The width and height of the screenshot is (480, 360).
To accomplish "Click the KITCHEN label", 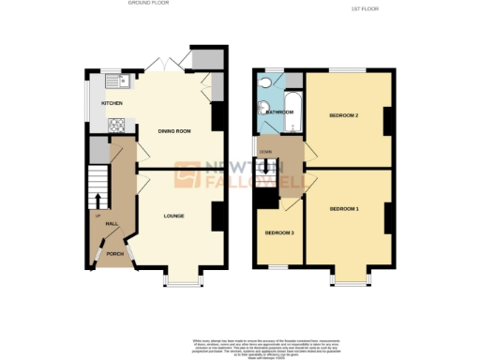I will click(99, 102).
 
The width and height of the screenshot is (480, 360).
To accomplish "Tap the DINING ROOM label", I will click(175, 131).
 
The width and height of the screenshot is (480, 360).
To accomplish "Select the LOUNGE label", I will click(173, 216).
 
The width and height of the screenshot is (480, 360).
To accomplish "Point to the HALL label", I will click(111, 223).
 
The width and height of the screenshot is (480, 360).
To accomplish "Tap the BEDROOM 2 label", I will click(344, 115).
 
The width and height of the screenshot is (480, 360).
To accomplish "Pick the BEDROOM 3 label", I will click(278, 232).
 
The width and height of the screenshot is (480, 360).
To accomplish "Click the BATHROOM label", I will click(279, 112).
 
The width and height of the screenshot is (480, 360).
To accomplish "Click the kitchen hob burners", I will click(120, 123).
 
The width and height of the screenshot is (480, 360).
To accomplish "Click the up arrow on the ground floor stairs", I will click(97, 200).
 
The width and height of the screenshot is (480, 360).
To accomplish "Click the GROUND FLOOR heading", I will click(149, 4).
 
